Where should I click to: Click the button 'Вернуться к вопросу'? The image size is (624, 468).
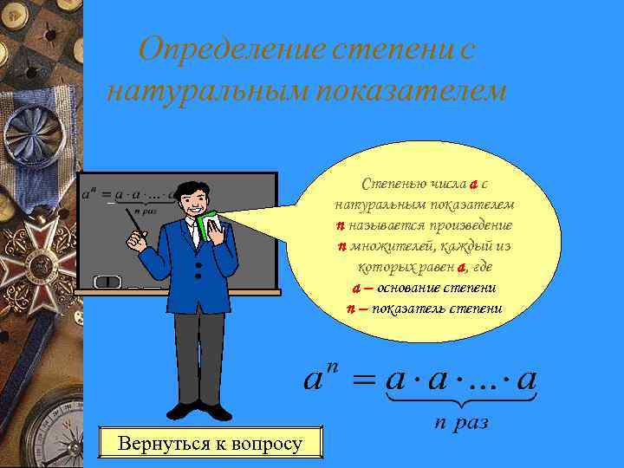click(x=211, y=445)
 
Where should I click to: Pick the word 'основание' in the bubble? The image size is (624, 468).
click(x=415, y=288)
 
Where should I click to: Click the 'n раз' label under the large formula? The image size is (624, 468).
click(x=461, y=423)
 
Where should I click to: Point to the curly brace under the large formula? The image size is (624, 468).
click(x=461, y=401)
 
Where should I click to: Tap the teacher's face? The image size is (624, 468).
click(x=198, y=202)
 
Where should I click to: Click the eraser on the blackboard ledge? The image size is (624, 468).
click(x=107, y=282)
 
